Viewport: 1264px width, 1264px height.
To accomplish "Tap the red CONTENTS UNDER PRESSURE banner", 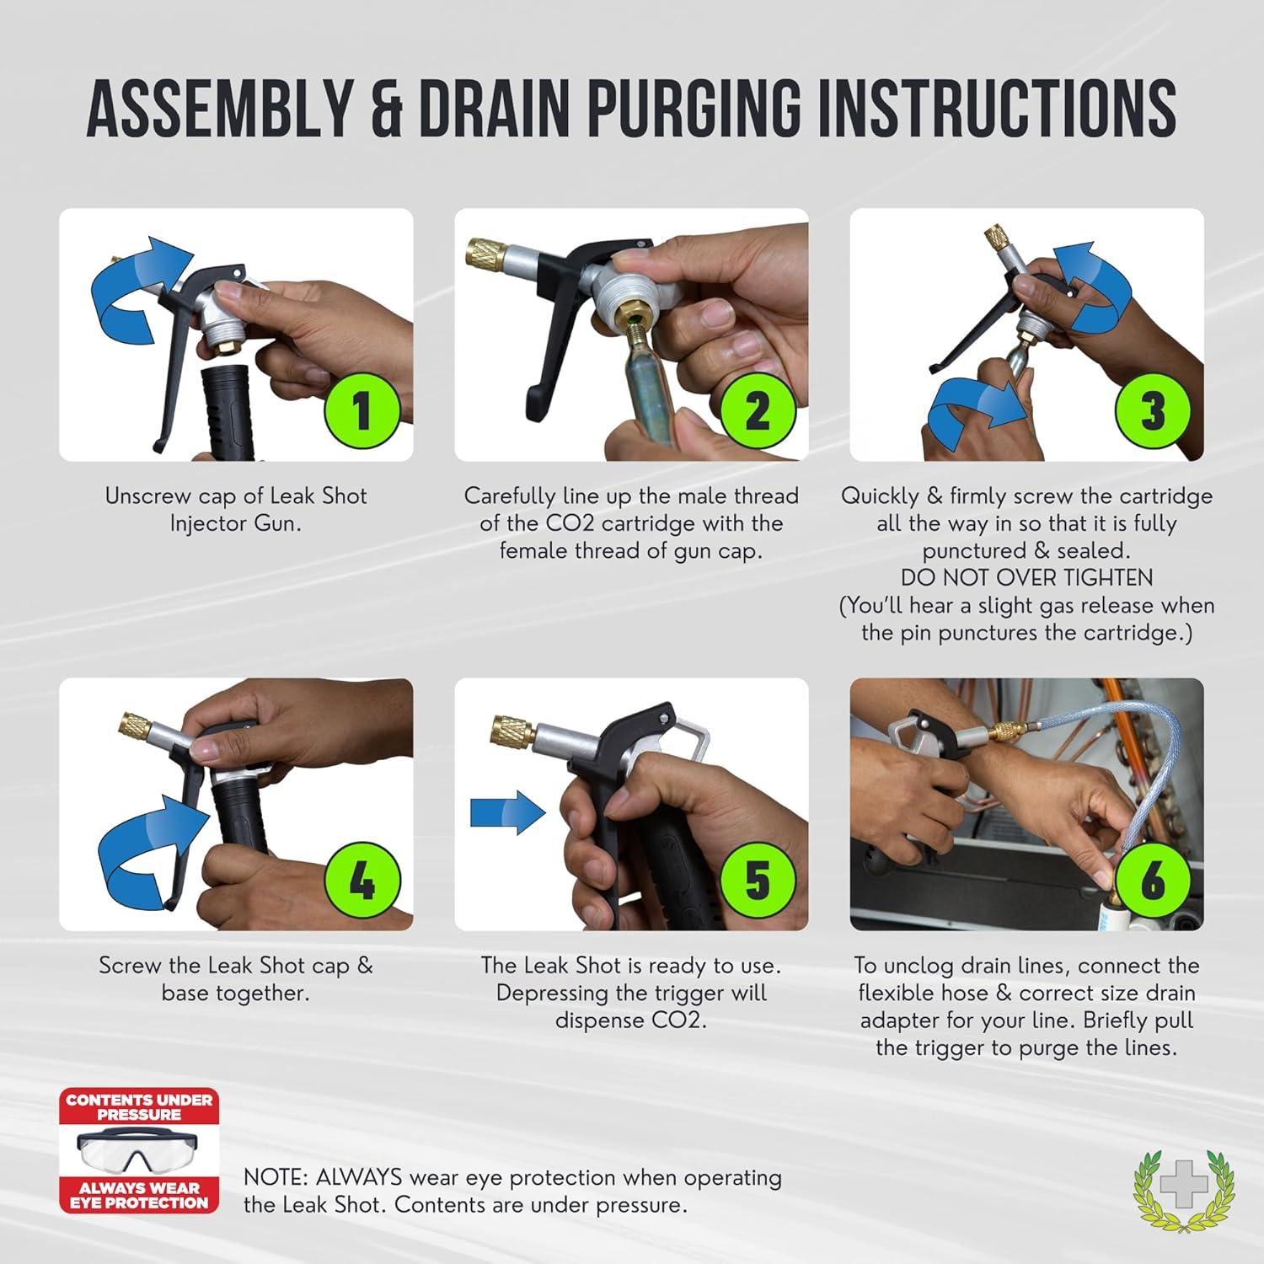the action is [x=139, y=1106].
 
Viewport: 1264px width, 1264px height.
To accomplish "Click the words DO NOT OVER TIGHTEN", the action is [x=1026, y=578].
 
